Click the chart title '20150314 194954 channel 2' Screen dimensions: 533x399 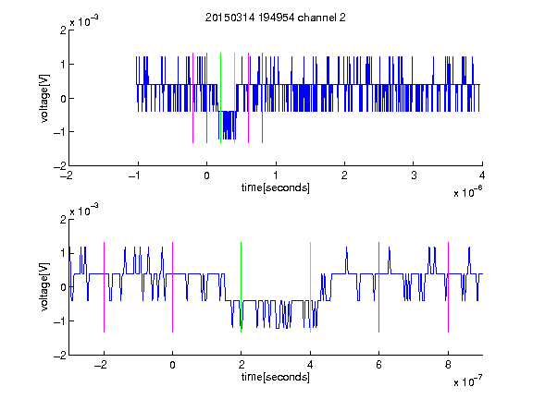276,18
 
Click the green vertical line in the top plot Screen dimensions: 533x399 220,98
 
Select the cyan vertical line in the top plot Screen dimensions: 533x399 234,98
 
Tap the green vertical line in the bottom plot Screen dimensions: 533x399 241,287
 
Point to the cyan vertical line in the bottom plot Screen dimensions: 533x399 310,287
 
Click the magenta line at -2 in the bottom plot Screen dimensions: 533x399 104,287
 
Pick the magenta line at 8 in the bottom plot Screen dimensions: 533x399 449,287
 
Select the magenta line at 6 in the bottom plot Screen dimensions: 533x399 379,287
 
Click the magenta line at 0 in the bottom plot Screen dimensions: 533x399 173,287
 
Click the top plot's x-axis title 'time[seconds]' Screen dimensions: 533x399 276,187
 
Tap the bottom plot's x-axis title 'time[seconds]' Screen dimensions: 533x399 276,377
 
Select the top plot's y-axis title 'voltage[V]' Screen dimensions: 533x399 44,98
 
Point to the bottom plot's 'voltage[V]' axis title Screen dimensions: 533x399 44,287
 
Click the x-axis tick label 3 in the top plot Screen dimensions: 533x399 414,175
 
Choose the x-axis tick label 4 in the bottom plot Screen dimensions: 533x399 310,365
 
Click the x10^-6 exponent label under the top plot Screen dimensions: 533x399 467,192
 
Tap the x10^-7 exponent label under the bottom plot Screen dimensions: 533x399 467,381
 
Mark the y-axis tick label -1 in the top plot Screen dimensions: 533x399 60,132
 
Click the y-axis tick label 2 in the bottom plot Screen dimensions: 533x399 63,219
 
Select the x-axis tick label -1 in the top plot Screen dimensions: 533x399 134,175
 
